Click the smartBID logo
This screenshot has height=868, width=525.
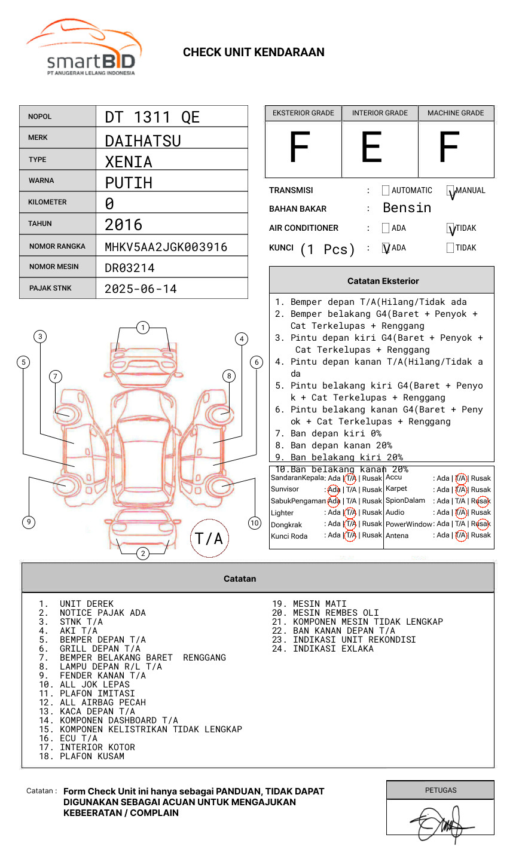[84, 48]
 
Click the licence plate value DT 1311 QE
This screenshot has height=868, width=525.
[152, 117]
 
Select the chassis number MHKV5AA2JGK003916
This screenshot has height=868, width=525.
[166, 247]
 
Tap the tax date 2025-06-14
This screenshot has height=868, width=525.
[141, 289]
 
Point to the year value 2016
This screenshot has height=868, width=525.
[123, 225]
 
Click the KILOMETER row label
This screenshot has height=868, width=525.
[47, 202]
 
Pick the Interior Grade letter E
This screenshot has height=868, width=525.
[371, 148]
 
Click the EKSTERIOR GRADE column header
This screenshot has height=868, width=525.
[303, 113]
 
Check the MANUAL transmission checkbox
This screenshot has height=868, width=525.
[450, 191]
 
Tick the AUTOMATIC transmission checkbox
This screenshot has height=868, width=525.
[386, 191]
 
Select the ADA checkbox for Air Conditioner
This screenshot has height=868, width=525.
[386, 228]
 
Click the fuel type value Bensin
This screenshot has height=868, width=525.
[407, 208]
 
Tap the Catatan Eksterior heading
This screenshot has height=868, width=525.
[383, 281]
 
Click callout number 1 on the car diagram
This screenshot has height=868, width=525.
[142, 328]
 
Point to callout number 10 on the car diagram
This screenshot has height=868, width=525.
[255, 523]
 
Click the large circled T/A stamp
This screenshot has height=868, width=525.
[209, 538]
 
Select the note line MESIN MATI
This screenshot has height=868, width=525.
[319, 604]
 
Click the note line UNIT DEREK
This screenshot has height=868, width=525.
[86, 604]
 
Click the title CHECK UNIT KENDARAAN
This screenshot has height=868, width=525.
[254, 53]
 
